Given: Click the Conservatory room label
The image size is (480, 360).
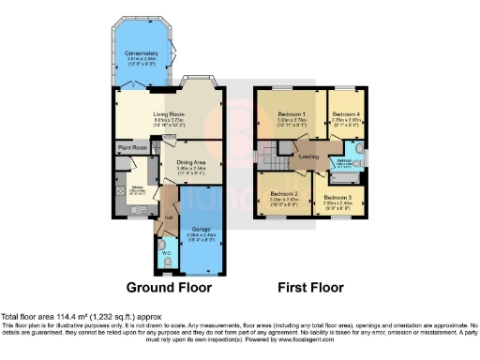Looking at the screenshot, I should (142, 53).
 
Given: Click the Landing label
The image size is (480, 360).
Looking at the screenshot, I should (306, 156).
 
